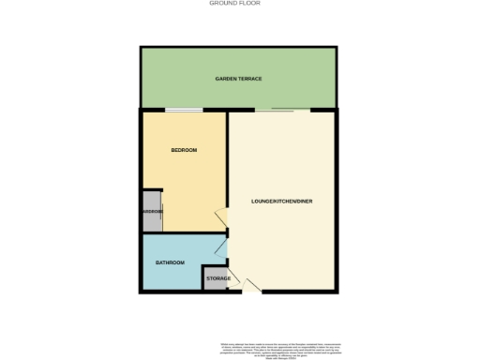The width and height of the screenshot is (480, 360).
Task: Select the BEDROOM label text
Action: click(x=184, y=150)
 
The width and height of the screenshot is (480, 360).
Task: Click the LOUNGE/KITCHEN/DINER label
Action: click(x=280, y=202)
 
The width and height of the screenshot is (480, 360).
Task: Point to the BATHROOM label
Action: click(x=170, y=262)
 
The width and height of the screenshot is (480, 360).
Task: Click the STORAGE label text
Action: click(x=217, y=278)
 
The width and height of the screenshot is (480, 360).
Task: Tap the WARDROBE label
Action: click(x=152, y=212)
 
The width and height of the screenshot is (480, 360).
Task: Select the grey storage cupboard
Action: click(x=216, y=284)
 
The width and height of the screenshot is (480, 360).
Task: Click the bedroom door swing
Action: click(x=221, y=217)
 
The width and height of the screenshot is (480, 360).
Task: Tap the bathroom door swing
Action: click(x=221, y=247)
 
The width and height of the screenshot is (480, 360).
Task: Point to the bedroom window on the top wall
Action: click(x=184, y=112)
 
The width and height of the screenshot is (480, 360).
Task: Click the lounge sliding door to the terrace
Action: click(x=281, y=112)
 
